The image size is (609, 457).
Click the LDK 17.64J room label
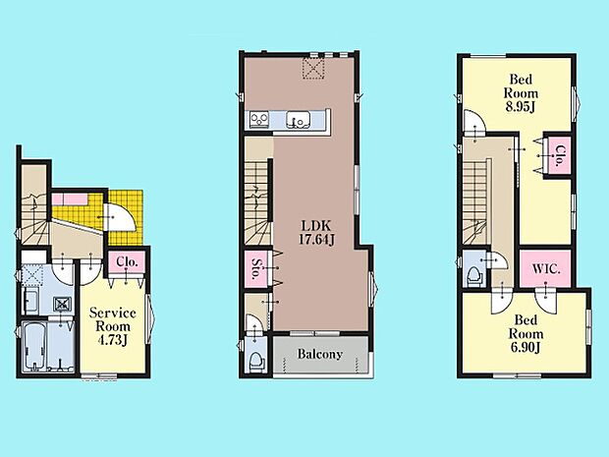click(x=316, y=232)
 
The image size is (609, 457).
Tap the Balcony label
click(x=320, y=354)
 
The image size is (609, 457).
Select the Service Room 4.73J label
click(x=113, y=326)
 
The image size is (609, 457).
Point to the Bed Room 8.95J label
click(x=521, y=93)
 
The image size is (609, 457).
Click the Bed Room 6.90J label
click(x=526, y=334)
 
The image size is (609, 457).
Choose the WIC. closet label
click(x=546, y=269)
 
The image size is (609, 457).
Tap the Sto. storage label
click(x=255, y=269)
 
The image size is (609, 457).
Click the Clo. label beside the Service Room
click(x=127, y=262)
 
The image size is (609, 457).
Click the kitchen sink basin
click(x=298, y=119)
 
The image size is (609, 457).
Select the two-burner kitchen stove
click(x=259, y=119)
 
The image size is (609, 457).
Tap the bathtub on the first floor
click(x=34, y=346)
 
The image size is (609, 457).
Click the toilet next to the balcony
click(x=256, y=361)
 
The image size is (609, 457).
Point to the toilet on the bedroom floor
click(x=473, y=276)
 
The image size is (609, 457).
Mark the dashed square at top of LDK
click(x=313, y=68)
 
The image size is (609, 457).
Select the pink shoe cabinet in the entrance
click(x=70, y=200)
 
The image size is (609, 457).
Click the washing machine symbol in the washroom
click(x=62, y=304)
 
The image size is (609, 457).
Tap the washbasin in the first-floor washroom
click(x=30, y=301)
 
